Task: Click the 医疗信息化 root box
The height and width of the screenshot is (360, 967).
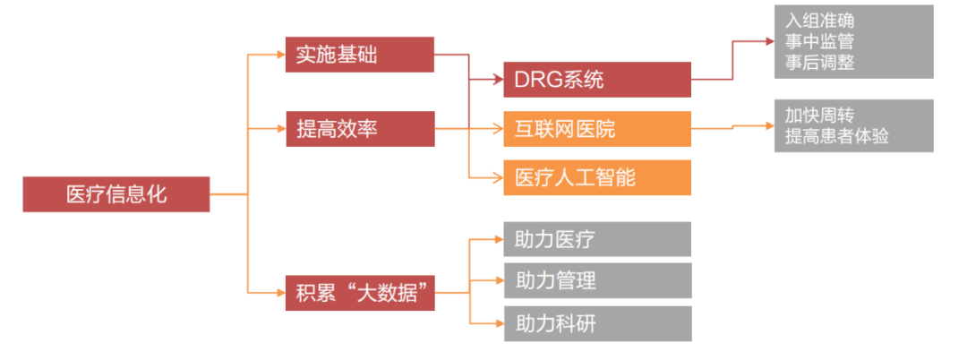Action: pyautogui.click(x=116, y=194)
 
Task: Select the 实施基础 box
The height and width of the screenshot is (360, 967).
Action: pyautogui.click(x=359, y=55)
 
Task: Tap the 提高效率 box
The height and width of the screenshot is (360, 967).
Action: pyautogui.click(x=359, y=129)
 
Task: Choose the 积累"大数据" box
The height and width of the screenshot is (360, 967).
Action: pyautogui.click(x=359, y=292)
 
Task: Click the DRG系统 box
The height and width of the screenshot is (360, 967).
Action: pyautogui.click(x=597, y=80)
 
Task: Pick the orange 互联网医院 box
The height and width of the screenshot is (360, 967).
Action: pyautogui.click(x=597, y=129)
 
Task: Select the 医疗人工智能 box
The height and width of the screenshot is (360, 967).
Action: pyautogui.click(x=597, y=177)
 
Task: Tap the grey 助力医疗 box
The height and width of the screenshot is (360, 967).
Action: pyautogui.click(x=597, y=239)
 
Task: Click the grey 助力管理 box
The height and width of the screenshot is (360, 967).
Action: pyautogui.click(x=597, y=280)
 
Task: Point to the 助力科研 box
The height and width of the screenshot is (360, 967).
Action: pyautogui.click(x=597, y=323)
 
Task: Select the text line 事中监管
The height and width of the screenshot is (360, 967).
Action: pyautogui.click(x=820, y=41)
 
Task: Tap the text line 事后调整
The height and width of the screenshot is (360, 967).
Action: pyautogui.click(x=820, y=62)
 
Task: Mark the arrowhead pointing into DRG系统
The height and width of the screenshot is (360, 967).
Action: pyautogui.click(x=497, y=80)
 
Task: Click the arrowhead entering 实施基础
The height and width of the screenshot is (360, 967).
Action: pyautogui.click(x=279, y=55)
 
